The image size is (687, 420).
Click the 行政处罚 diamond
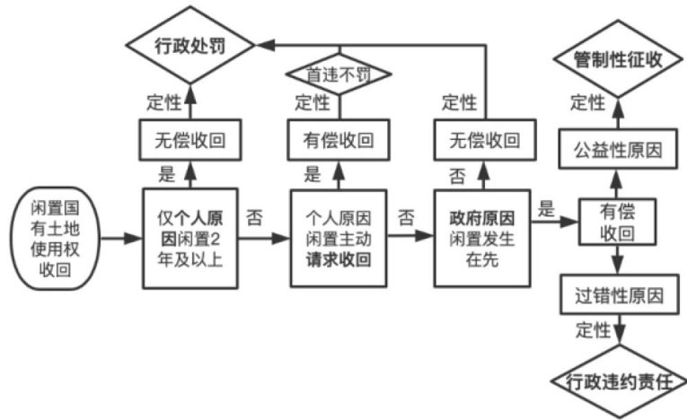click(188, 43)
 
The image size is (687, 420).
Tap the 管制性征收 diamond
click(617, 60)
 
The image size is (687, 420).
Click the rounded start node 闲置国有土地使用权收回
click(53, 239)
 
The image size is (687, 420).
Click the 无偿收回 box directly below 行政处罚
click(188, 140)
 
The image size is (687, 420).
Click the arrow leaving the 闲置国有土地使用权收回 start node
click(120, 240)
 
